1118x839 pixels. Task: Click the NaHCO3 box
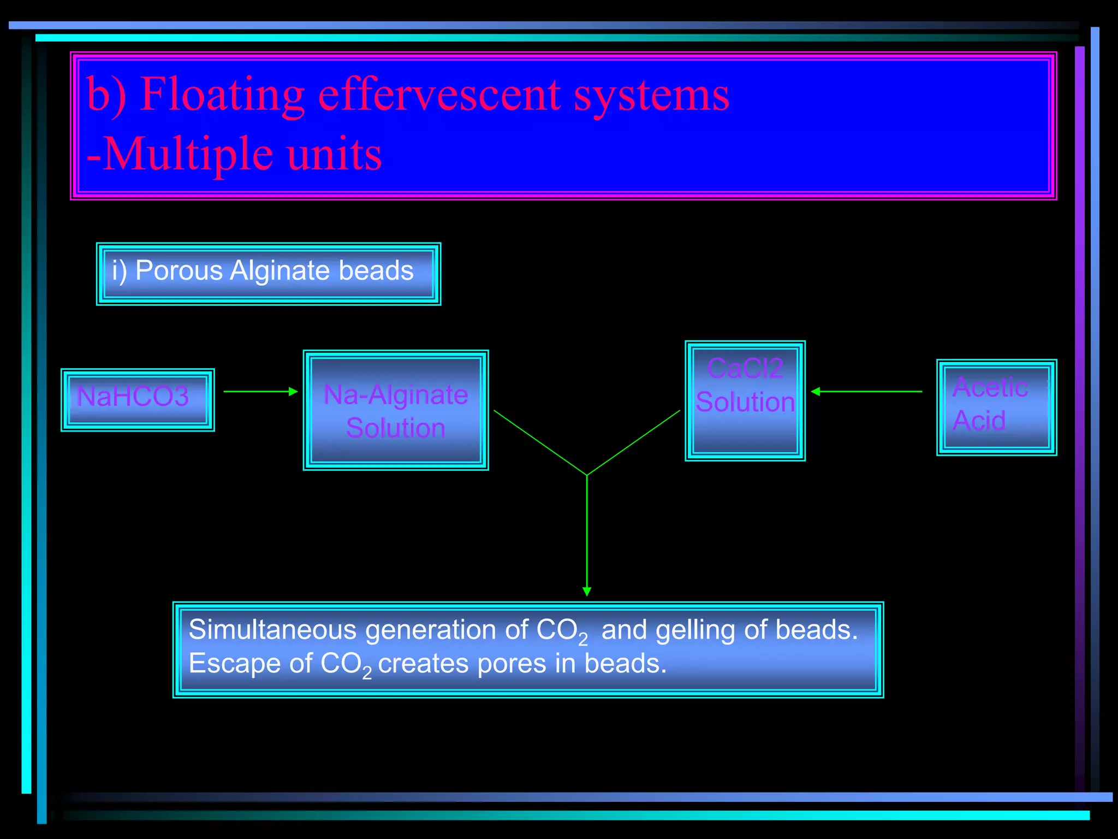click(x=138, y=399)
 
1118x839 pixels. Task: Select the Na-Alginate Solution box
click(x=396, y=410)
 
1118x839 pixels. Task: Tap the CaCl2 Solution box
click(x=745, y=400)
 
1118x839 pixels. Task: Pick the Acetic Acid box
click(x=996, y=407)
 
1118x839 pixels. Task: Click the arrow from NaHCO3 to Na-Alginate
click(x=260, y=392)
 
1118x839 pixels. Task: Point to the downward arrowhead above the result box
click(x=587, y=591)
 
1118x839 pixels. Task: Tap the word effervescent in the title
click(x=439, y=94)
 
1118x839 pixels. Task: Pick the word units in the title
click(x=334, y=154)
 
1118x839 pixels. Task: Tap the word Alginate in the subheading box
click(x=279, y=270)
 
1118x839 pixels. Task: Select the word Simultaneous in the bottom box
click(x=272, y=629)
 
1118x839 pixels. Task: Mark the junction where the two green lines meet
click(x=587, y=475)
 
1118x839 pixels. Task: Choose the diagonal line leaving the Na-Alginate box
click(x=540, y=443)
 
